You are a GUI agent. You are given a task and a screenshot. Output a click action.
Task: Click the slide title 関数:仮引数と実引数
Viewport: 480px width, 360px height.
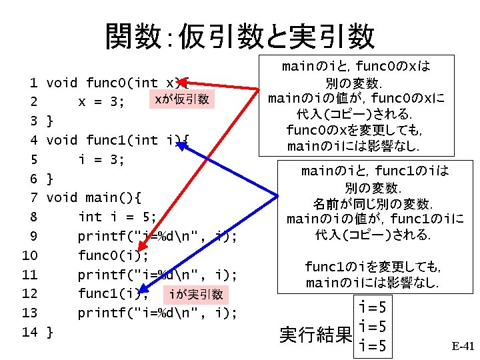(240, 37)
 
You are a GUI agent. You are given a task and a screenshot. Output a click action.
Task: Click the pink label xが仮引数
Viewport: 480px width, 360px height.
(181, 100)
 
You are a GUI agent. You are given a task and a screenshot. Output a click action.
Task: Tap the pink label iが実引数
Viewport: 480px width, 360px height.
(196, 294)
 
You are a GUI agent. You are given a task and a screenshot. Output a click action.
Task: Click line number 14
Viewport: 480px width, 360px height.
(29, 332)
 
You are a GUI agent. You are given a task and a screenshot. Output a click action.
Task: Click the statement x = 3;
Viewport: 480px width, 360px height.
(102, 101)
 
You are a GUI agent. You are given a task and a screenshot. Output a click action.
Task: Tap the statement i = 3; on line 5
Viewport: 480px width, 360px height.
(102, 159)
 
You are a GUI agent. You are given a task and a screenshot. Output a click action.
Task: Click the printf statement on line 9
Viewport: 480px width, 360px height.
(157, 237)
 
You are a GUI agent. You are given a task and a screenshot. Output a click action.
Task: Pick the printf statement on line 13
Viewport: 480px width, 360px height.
(157, 313)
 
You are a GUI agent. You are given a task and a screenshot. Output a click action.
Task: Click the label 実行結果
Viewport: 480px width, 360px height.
(315, 335)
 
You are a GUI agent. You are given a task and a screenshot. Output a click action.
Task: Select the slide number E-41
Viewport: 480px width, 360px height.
(462, 346)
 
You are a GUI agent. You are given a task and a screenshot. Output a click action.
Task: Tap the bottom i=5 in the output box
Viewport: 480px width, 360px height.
(373, 346)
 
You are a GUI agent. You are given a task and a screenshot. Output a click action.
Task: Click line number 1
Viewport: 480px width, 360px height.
(33, 83)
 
